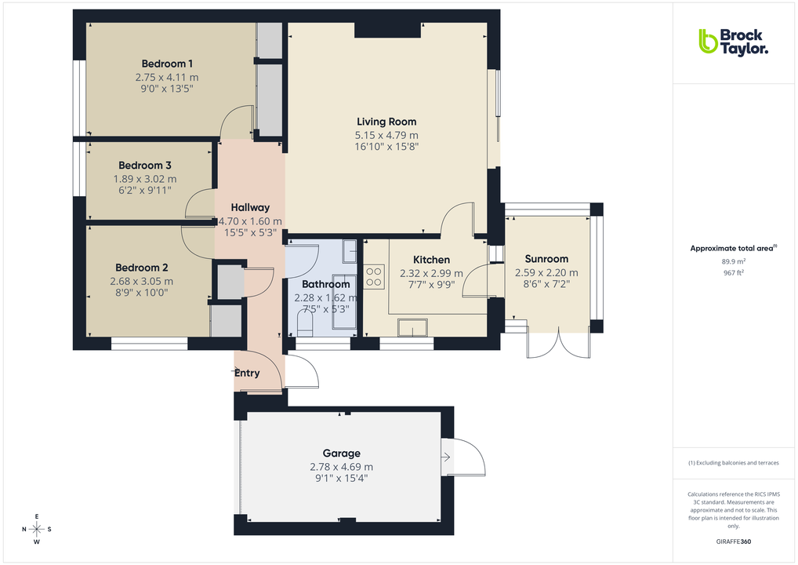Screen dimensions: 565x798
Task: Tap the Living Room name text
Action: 386,122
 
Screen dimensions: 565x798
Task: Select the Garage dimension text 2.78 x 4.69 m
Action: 341,466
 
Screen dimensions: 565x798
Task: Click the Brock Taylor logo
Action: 733,42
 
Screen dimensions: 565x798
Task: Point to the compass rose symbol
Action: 37,527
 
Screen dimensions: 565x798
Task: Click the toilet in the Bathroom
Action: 305,324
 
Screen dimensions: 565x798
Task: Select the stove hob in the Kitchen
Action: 375,276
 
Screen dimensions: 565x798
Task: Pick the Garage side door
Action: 462,457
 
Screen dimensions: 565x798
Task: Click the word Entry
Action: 247,373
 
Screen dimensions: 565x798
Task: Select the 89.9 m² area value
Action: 734,261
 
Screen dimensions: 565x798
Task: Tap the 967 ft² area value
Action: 734,273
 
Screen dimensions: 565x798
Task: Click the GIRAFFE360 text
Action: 734,541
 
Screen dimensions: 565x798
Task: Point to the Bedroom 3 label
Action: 145,166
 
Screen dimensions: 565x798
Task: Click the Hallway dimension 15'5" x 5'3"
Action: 250,233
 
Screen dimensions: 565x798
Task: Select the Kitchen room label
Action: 431,260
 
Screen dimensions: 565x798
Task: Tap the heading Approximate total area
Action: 732,248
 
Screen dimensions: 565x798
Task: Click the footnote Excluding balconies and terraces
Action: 734,462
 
